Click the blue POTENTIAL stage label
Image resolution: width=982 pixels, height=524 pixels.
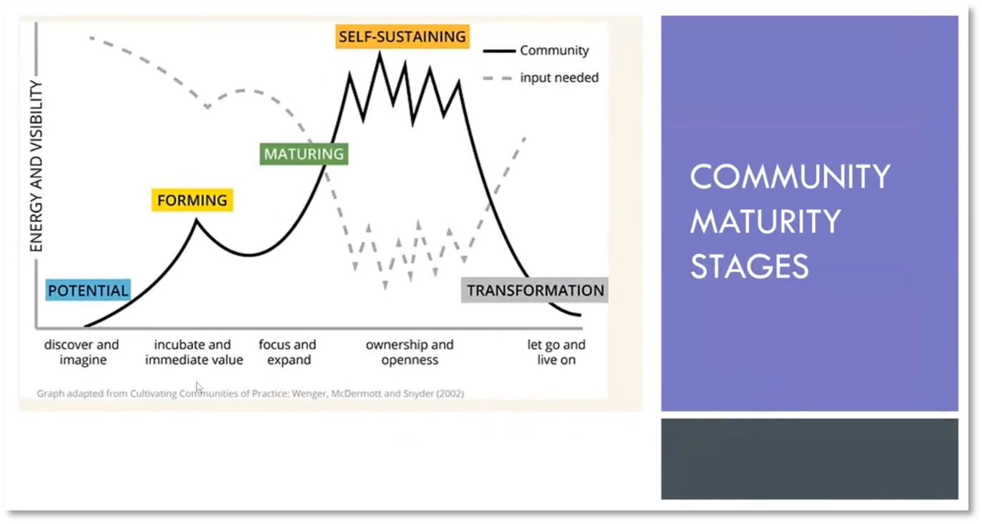click(x=88, y=291)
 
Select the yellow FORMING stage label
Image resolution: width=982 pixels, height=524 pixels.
click(x=192, y=201)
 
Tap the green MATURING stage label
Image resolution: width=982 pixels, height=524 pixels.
click(x=304, y=154)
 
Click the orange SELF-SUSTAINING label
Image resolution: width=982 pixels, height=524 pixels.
click(x=402, y=36)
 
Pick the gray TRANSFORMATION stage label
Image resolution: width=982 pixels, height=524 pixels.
click(x=535, y=291)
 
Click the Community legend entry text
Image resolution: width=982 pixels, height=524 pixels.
click(x=554, y=51)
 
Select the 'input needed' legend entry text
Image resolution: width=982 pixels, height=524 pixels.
click(x=559, y=78)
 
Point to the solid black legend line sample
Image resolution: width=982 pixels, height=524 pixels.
click(x=499, y=51)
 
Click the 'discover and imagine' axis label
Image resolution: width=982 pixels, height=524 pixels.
click(x=82, y=352)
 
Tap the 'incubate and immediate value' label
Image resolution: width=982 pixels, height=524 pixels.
click(x=194, y=352)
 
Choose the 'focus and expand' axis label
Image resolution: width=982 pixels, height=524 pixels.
click(x=287, y=352)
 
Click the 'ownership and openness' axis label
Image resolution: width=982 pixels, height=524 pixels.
click(x=410, y=352)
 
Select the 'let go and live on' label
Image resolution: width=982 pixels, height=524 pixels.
click(x=556, y=352)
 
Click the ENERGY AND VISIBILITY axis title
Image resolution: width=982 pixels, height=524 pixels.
click(x=36, y=166)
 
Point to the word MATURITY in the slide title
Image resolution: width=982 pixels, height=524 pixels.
click(x=765, y=221)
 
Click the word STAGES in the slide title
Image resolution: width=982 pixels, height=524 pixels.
click(x=749, y=266)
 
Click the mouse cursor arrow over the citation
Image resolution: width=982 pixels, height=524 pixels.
click(x=199, y=387)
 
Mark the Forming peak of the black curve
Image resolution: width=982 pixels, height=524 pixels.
click(x=197, y=221)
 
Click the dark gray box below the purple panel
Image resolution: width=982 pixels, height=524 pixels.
click(x=809, y=459)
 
